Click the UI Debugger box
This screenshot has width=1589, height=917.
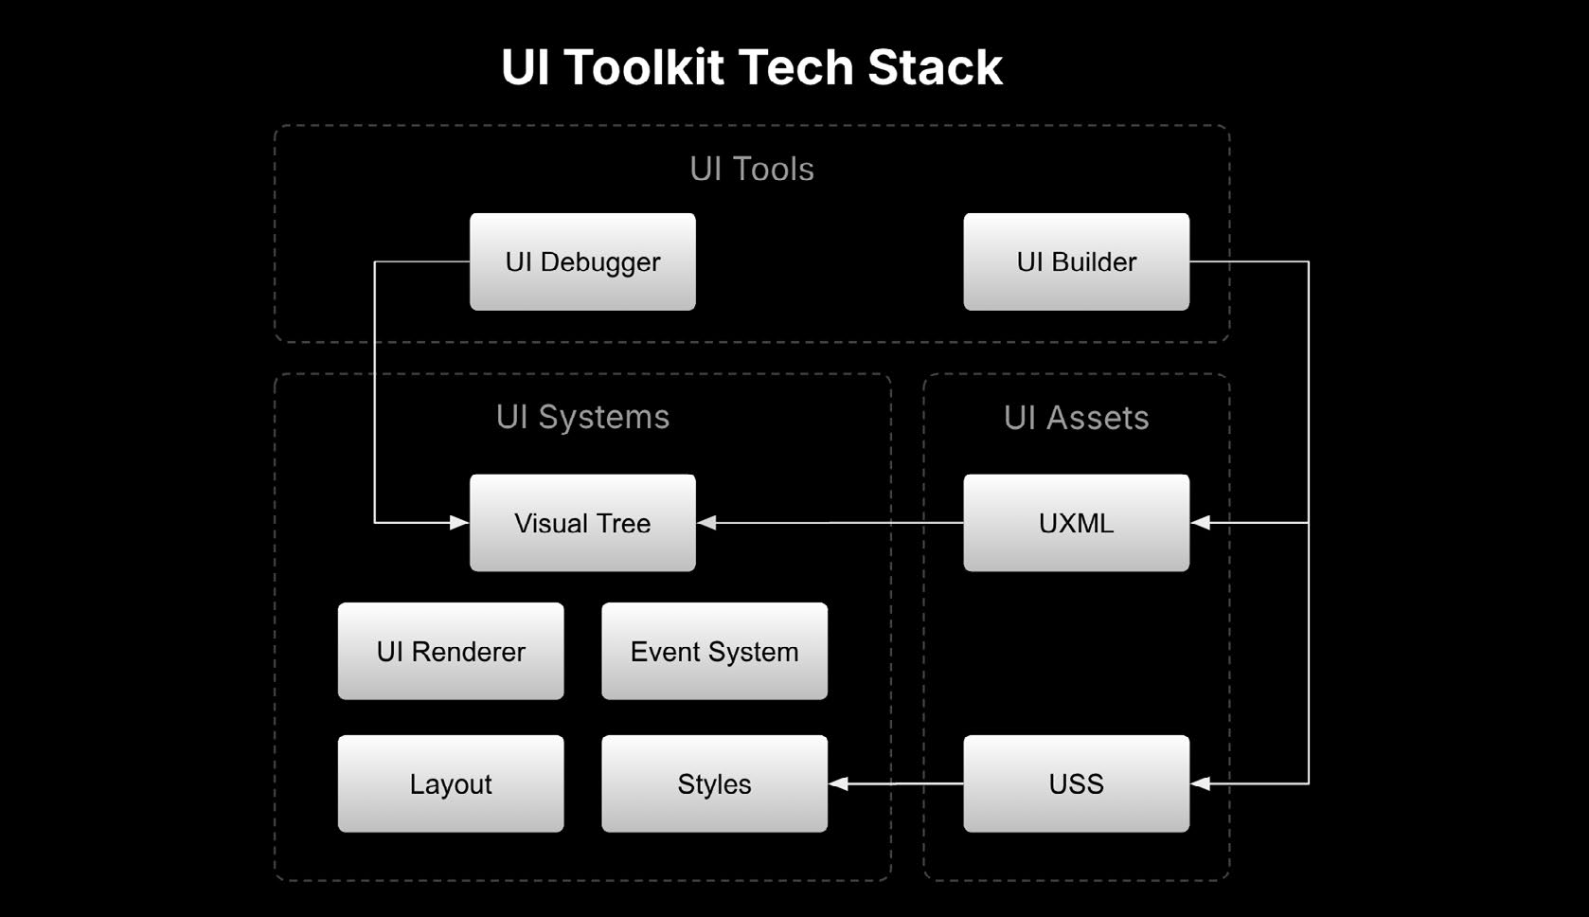pyautogui.click(x=582, y=261)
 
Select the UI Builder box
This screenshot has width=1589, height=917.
pyautogui.click(x=1076, y=261)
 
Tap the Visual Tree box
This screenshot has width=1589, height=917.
pyautogui.click(x=582, y=523)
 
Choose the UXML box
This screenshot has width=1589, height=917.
pyautogui.click(x=1076, y=523)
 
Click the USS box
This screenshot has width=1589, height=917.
pyautogui.click(x=1076, y=783)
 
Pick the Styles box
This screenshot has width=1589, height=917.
pyautogui.click(x=714, y=783)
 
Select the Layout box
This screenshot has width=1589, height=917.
pyautogui.click(x=451, y=783)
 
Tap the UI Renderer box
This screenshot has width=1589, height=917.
pyautogui.click(x=451, y=652)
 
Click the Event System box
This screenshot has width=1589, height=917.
pyautogui.click(x=714, y=652)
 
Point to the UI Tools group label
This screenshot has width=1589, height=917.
pyautogui.click(x=752, y=169)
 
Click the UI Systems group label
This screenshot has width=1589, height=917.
pyautogui.click(x=582, y=418)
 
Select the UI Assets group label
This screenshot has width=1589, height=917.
pyautogui.click(x=1076, y=418)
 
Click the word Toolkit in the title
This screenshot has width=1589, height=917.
pyautogui.click(x=644, y=67)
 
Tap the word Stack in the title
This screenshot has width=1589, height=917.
pyautogui.click(x=935, y=67)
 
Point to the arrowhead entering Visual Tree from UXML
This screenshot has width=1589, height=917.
pyautogui.click(x=706, y=523)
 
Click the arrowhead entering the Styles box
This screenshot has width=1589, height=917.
pyautogui.click(x=838, y=783)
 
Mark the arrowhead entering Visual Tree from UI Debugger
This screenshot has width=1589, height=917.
pyautogui.click(x=459, y=523)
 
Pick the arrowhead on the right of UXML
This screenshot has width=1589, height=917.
pyautogui.click(x=1200, y=523)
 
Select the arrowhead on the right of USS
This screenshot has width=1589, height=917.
pyautogui.click(x=1200, y=783)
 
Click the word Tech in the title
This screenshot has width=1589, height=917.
pyautogui.click(x=795, y=67)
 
